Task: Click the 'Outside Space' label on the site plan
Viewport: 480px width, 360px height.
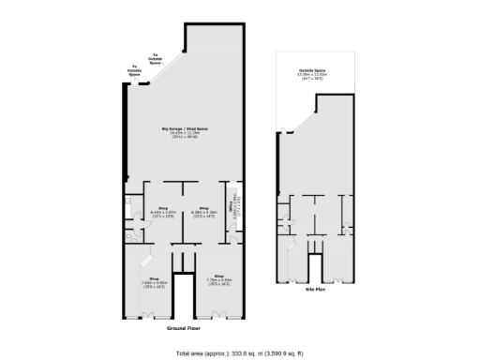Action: [313, 69]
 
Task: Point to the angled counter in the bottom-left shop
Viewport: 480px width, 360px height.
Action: [142, 259]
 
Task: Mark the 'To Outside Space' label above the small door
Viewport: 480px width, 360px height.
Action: [134, 68]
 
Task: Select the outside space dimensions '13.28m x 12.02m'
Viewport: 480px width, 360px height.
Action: [313, 74]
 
